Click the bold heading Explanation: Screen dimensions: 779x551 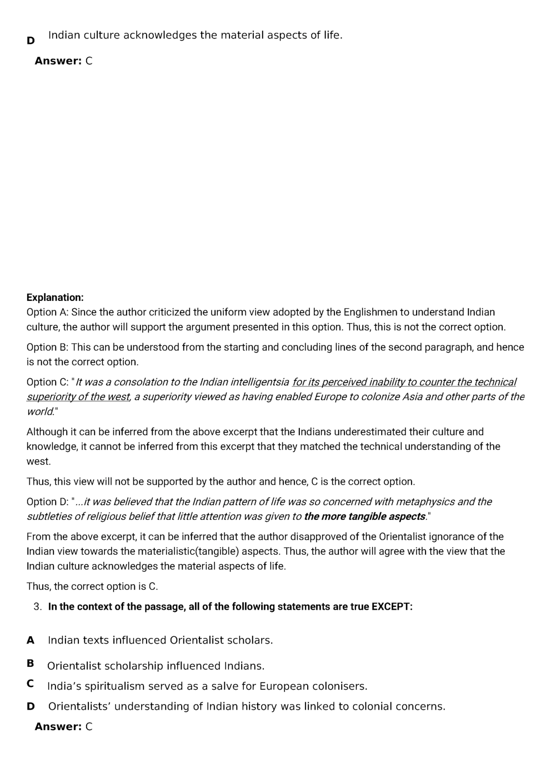coord(55,298)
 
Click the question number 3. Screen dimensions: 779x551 coord(38,606)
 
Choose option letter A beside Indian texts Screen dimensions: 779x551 coord(31,640)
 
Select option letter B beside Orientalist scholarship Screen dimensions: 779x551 coord(31,663)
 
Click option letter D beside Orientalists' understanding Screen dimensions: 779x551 coord(31,706)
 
